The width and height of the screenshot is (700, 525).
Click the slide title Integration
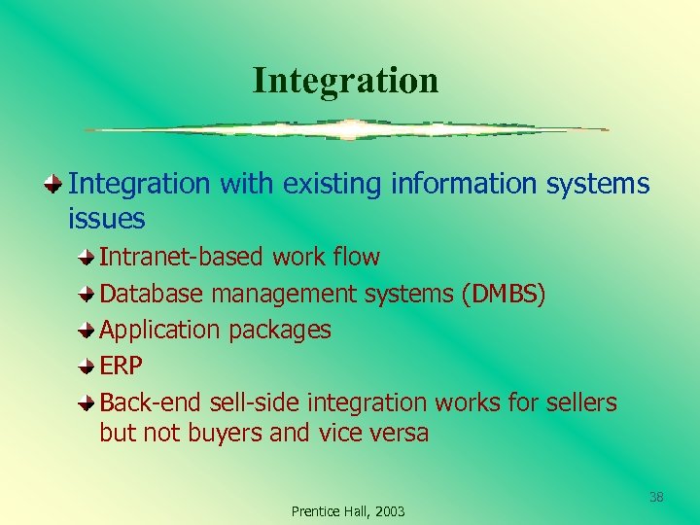(x=345, y=80)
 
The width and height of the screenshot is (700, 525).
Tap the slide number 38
(x=656, y=498)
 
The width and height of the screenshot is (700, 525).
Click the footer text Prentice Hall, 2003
(x=348, y=511)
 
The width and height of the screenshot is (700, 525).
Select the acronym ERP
(x=122, y=367)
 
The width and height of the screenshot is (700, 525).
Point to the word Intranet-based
(x=182, y=258)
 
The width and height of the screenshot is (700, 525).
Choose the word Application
(x=160, y=331)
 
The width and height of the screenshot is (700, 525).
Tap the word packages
(x=280, y=331)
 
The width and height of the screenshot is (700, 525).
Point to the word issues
(x=106, y=220)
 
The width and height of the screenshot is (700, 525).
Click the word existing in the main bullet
(x=334, y=184)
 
